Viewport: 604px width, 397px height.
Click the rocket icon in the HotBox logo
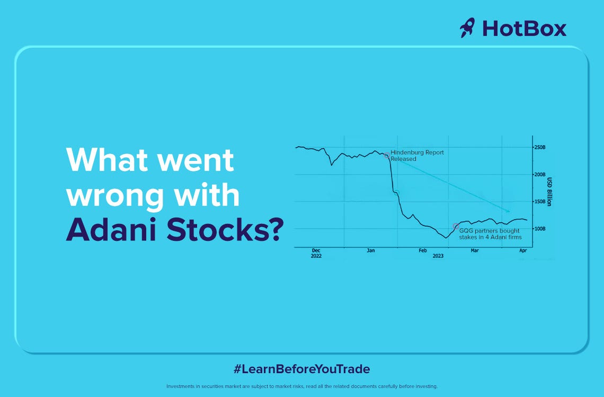pyautogui.click(x=467, y=28)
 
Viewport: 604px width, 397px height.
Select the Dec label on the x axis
pyautogui.click(x=316, y=250)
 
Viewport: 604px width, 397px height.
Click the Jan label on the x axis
pyautogui.click(x=371, y=250)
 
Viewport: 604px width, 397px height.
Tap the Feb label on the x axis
pyautogui.click(x=423, y=250)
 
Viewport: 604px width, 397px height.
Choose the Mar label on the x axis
pyautogui.click(x=475, y=250)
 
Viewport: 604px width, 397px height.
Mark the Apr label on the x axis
pyautogui.click(x=523, y=250)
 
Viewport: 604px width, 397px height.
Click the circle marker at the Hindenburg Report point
pyautogui.click(x=387, y=156)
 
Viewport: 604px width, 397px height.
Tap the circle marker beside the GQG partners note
pyautogui.click(x=456, y=226)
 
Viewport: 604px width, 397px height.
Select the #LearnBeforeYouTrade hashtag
pyautogui.click(x=301, y=369)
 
